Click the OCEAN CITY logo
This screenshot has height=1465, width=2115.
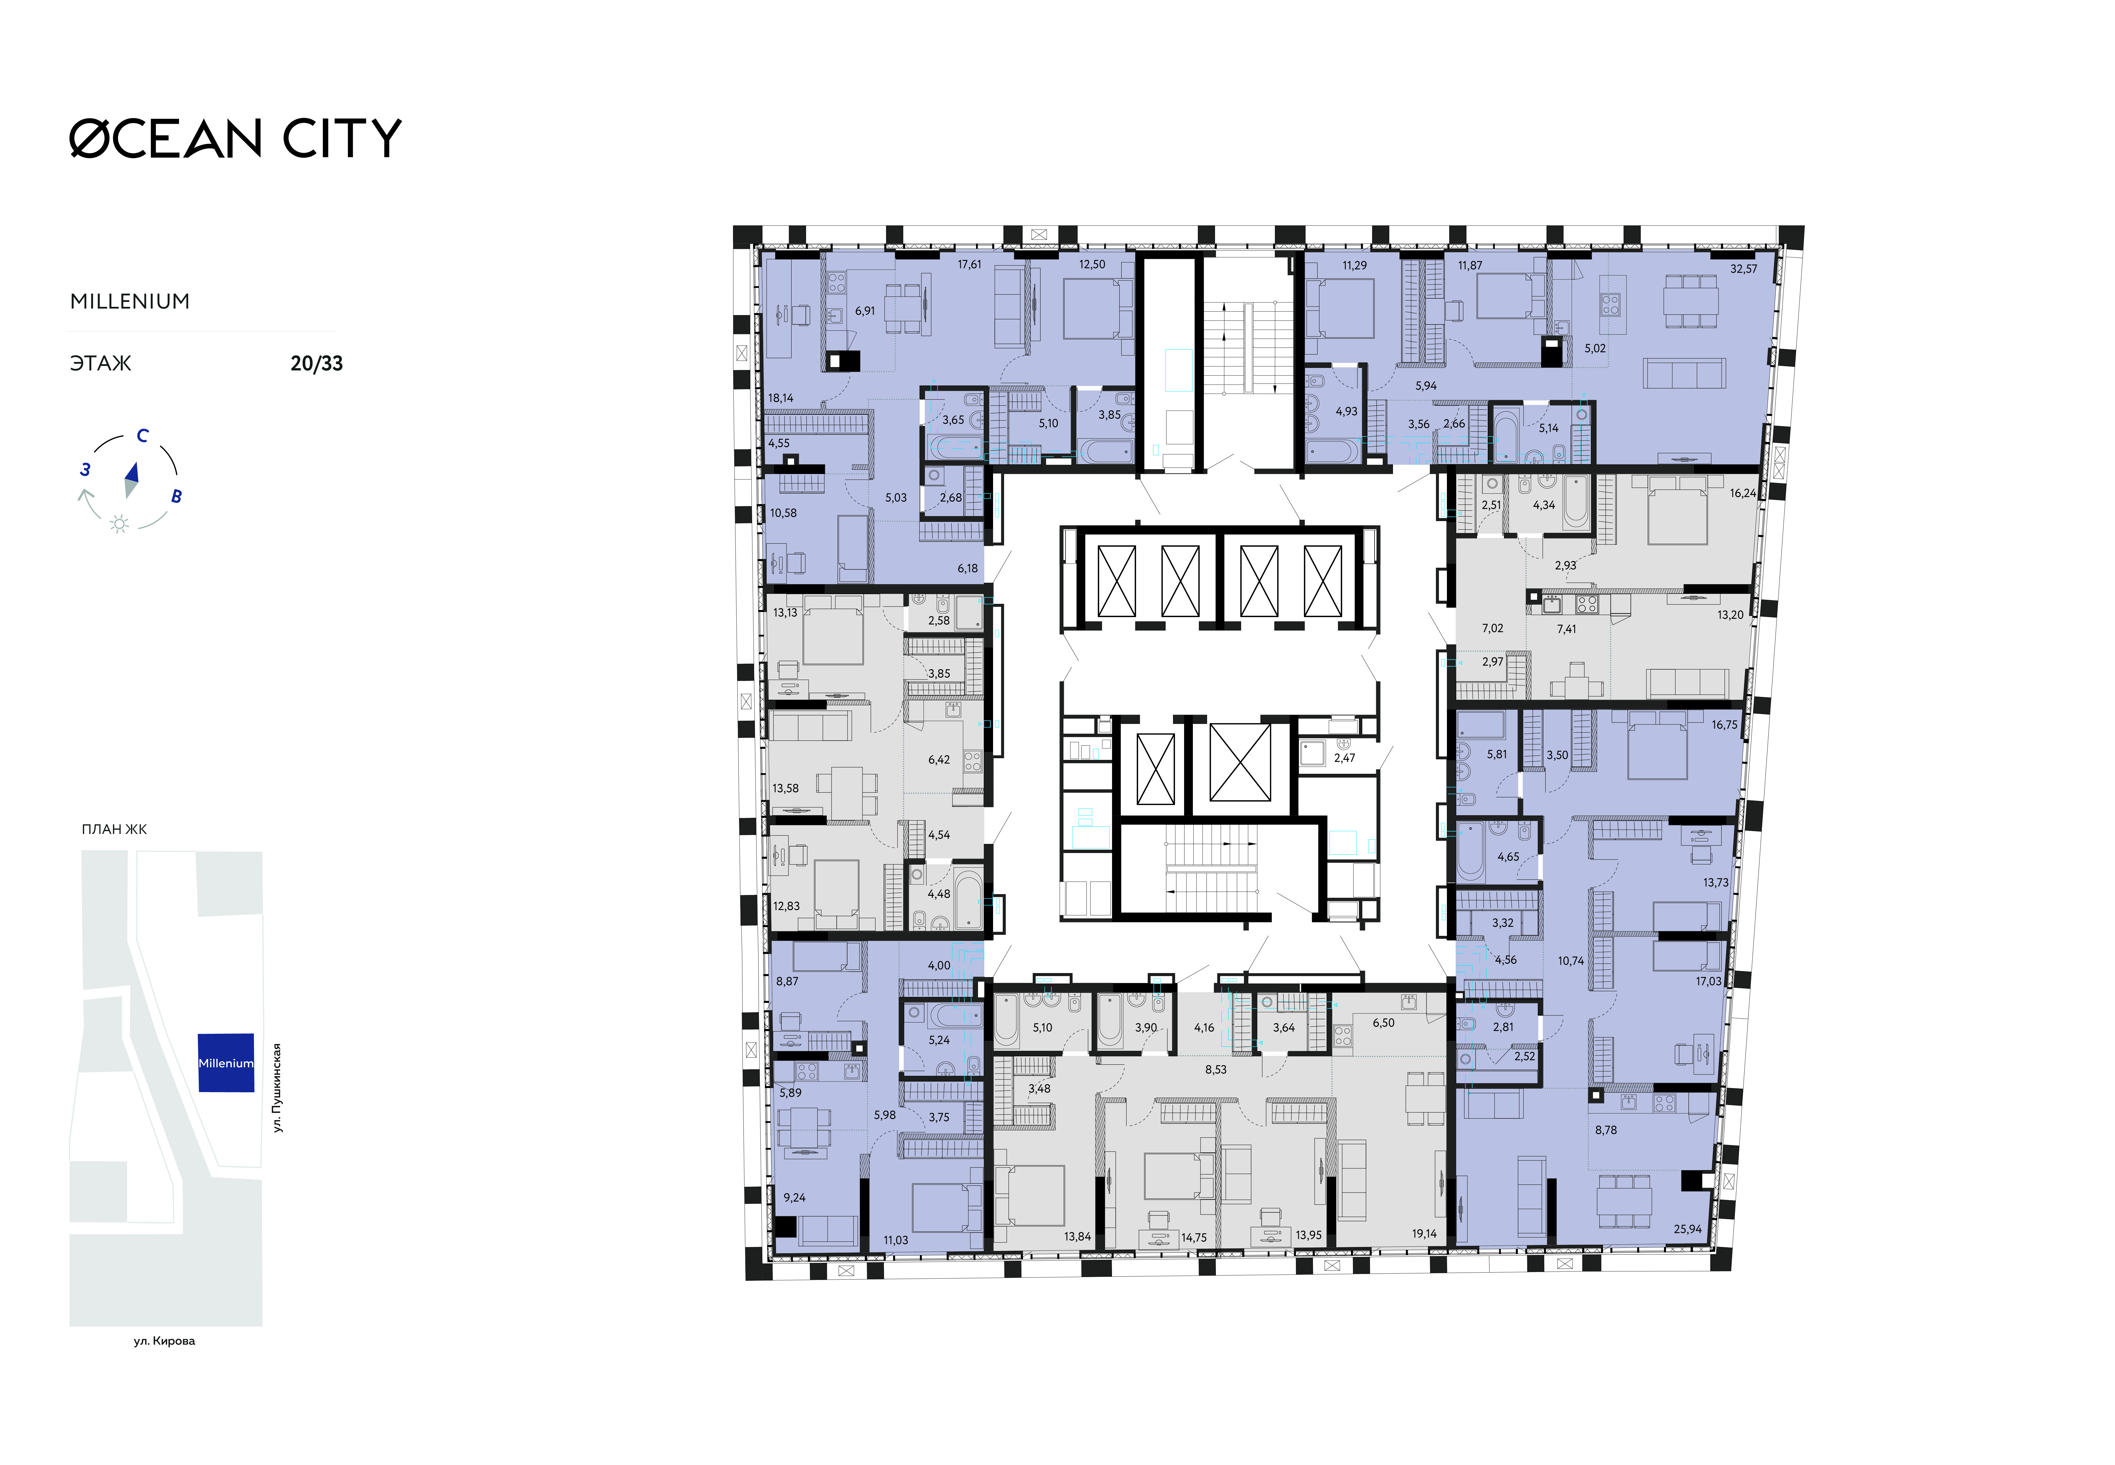(x=236, y=139)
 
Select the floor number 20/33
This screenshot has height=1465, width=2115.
(x=316, y=364)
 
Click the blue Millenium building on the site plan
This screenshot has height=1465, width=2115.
(x=226, y=1063)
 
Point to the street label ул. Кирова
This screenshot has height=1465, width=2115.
(x=164, y=1341)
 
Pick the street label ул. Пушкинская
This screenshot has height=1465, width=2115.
(x=277, y=1088)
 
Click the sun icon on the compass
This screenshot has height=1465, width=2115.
(x=119, y=524)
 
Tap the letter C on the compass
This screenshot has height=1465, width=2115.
(x=142, y=436)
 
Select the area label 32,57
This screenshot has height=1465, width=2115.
(x=1743, y=269)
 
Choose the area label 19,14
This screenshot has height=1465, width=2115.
(x=1424, y=1234)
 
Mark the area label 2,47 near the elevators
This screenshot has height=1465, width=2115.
(x=1344, y=758)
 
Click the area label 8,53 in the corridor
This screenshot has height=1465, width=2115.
(x=1216, y=1069)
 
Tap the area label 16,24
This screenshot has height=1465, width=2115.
(x=1742, y=493)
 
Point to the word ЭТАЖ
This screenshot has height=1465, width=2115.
(x=101, y=364)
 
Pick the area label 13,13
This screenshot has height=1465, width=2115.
(x=785, y=612)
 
